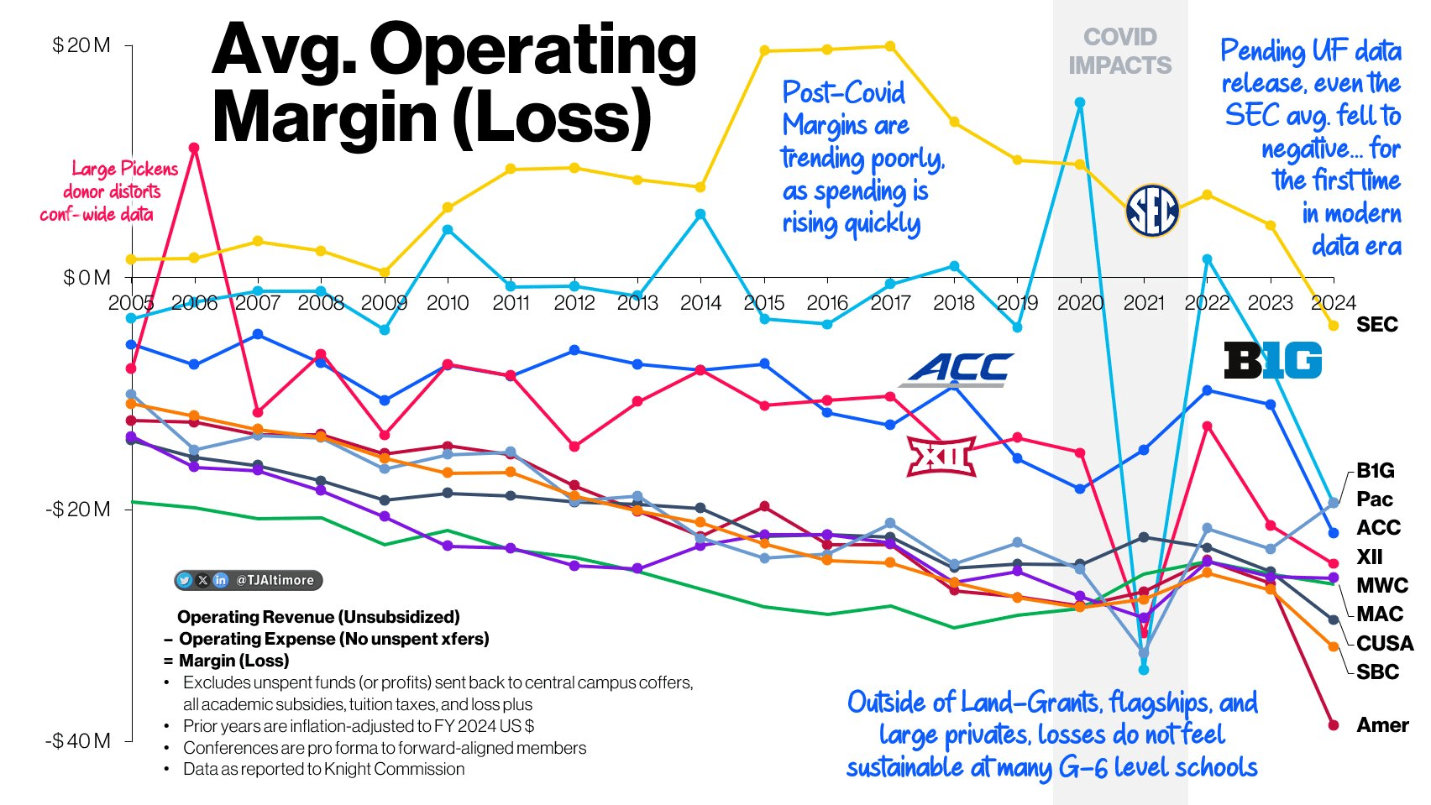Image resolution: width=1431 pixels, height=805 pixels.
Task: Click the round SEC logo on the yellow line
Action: pos(1152,211)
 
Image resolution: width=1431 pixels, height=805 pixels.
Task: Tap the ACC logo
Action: pos(958,369)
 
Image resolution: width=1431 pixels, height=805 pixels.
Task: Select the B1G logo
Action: pos(1272,361)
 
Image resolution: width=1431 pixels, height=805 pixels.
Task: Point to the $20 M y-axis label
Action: pos(81,45)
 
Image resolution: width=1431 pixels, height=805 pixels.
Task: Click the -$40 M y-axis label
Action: pos(78,740)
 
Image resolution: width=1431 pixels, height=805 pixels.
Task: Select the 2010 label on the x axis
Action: pos(448,303)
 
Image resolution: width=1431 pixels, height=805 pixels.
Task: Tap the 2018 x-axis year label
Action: pos(954,303)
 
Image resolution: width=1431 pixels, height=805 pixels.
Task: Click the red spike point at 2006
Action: pos(194,148)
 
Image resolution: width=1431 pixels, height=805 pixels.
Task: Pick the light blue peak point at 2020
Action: pos(1080,102)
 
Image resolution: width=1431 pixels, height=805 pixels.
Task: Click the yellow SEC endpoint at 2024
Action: pos(1334,326)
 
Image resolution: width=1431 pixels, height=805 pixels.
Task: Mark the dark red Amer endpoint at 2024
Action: pos(1334,725)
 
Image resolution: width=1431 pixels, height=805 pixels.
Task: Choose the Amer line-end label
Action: pos(1382,725)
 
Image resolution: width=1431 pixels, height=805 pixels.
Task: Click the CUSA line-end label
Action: pos(1385,644)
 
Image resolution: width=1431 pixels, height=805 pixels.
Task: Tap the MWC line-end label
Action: pos(1382,586)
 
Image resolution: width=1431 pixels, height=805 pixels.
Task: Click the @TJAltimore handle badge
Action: pos(249,580)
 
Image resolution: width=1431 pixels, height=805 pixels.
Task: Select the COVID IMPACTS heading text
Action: pos(1120,51)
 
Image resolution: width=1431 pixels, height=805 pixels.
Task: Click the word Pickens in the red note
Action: pos(149,169)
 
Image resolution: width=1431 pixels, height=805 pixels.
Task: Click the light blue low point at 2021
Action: pos(1144,670)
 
